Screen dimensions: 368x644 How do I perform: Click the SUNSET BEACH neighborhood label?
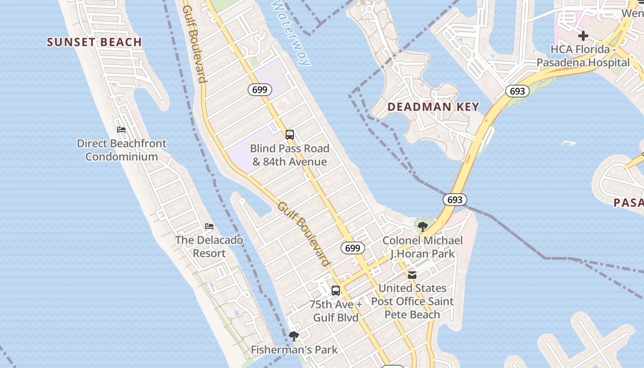point(94,42)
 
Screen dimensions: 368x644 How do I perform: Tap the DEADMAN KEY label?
point(433,107)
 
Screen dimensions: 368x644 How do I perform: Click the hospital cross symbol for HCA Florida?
point(583,35)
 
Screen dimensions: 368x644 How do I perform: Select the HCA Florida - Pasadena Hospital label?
point(583,56)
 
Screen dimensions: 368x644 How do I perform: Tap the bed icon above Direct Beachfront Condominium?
point(121,130)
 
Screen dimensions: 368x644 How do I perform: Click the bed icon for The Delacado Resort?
point(209,226)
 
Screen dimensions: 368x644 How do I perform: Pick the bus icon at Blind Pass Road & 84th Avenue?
point(290,135)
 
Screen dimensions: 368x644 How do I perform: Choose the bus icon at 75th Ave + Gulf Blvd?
point(336,291)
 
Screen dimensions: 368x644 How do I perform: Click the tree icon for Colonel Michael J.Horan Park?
point(422,226)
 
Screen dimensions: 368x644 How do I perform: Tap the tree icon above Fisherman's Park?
point(294,336)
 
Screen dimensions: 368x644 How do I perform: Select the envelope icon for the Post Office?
point(412,275)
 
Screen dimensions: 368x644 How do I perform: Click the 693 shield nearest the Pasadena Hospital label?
point(517,91)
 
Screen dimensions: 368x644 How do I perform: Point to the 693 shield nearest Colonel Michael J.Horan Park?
point(455,200)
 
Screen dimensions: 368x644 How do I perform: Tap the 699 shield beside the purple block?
point(260,90)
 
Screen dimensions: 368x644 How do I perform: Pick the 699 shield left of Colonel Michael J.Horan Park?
point(353,248)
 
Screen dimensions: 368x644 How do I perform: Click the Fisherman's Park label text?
point(294,350)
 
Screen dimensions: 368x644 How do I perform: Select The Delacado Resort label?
point(209,247)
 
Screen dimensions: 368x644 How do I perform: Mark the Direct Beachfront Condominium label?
point(121,150)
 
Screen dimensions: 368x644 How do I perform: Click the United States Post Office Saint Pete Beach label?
point(412,301)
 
